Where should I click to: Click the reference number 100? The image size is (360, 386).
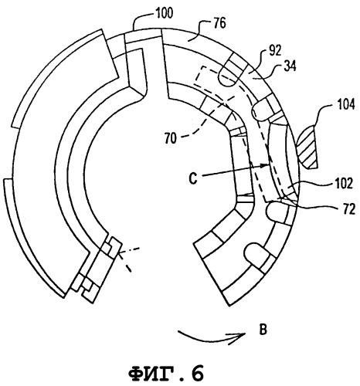165,13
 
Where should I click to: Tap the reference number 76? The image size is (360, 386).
219,23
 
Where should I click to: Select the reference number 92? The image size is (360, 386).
275,52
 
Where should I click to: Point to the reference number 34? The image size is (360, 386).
290,66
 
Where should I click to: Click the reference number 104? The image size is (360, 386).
346,105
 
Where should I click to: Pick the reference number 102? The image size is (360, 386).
343,184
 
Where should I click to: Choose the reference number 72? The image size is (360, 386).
349,210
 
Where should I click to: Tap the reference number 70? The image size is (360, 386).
171,139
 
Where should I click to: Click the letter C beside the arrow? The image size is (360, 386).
193,178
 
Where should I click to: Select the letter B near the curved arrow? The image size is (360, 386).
263,330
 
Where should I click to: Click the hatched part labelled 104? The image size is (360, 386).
307,146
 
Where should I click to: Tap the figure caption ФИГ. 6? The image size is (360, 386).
165,373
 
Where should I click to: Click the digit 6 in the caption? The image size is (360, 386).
196,373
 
